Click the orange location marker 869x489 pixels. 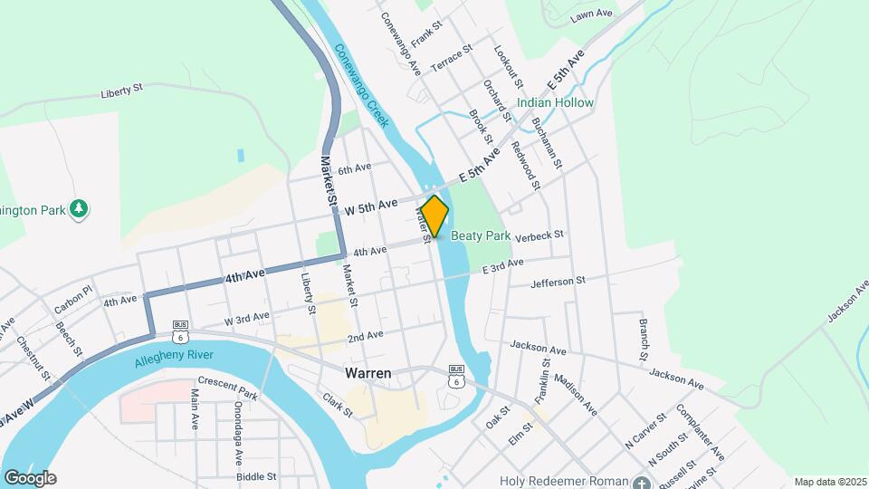click(x=434, y=216)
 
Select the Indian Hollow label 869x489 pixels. click(x=555, y=103)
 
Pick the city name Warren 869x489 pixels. click(x=368, y=373)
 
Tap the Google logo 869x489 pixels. click(x=29, y=477)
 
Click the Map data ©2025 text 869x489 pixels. click(x=828, y=482)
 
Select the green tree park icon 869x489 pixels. click(x=80, y=209)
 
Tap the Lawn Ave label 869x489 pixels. click(x=592, y=15)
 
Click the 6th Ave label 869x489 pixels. click(x=355, y=168)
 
